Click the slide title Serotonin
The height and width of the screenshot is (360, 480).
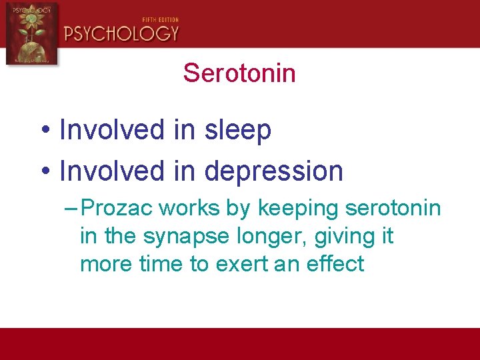[239, 73]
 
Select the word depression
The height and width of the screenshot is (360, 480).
[274, 172]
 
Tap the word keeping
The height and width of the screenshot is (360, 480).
[298, 209]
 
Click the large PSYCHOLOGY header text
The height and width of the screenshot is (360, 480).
[121, 33]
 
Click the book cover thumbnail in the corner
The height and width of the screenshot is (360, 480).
[31, 33]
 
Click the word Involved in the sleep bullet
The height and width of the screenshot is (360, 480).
[112, 131]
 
